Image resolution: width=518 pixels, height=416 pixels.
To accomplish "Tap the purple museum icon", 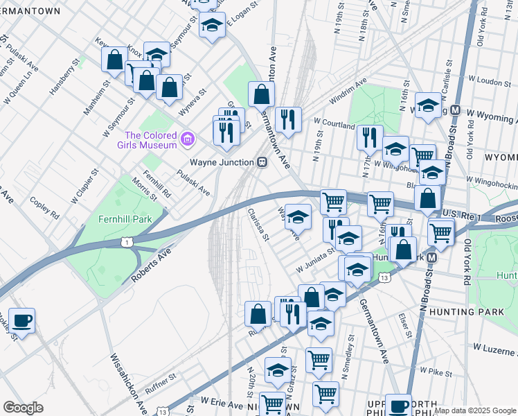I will pos(186,140).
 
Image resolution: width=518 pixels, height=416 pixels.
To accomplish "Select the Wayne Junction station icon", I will pos(262,162).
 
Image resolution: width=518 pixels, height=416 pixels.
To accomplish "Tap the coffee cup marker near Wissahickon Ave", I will pos(21,320).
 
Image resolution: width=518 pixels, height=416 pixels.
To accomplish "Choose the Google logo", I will pos(23,408).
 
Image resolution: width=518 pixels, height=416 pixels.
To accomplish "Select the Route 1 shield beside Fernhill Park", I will pos(126,241).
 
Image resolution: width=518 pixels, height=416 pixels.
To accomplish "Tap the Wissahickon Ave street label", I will pos(129,382).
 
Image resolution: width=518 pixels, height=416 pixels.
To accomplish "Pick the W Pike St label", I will pos(435,373).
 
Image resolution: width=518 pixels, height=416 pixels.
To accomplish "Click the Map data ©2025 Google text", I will pos(474,410).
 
